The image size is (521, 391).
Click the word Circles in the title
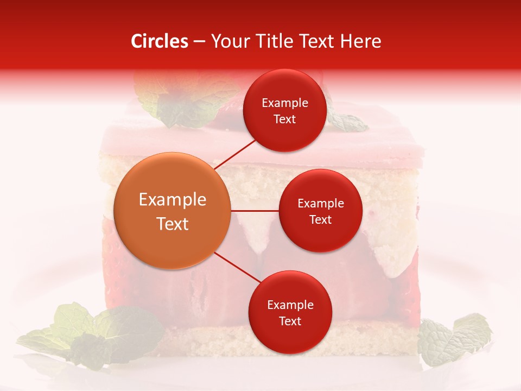[x=160, y=41]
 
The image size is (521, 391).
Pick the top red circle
[x=285, y=111]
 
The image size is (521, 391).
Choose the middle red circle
[x=321, y=211]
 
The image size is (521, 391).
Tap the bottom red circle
[x=290, y=313]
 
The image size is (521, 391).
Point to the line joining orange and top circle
[x=236, y=153]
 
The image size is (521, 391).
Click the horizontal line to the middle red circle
[x=255, y=211]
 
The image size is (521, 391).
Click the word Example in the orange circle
[x=173, y=199]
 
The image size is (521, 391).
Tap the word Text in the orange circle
[x=173, y=224]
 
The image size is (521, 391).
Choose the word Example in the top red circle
[x=285, y=103]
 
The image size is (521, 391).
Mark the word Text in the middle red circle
[x=321, y=219]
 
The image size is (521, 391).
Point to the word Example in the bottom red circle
[x=290, y=305]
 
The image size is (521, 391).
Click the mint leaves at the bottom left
[x=92, y=332]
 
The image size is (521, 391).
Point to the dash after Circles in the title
[x=199, y=42]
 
